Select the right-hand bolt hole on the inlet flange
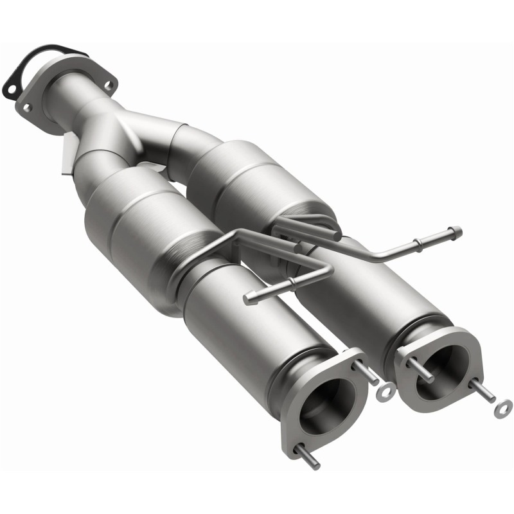point(109,85)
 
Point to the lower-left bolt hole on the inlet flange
point(26,108)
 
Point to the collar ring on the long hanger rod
point(418,243)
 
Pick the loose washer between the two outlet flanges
point(387,391)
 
